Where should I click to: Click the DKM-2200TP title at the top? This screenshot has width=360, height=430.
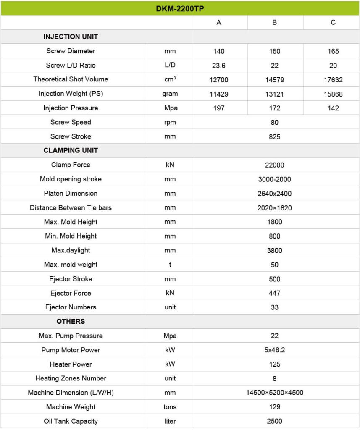(x=180, y=8)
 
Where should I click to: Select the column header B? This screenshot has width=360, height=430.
(x=275, y=23)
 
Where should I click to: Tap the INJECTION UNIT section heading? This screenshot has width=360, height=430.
(x=71, y=37)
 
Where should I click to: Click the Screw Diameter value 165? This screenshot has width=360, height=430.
(x=333, y=51)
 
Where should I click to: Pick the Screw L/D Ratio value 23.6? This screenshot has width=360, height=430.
(x=219, y=66)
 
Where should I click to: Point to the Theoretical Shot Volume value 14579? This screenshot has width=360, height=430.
(x=275, y=80)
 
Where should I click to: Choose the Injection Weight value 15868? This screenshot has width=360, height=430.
(x=333, y=94)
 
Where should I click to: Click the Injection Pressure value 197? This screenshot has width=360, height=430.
(x=219, y=108)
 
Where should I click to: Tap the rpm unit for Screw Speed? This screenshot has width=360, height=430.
(x=170, y=122)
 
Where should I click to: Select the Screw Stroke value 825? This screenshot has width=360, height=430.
(x=275, y=136)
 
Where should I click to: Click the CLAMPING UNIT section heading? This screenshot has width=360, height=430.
(x=71, y=150)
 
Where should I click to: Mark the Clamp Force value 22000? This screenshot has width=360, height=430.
(x=275, y=165)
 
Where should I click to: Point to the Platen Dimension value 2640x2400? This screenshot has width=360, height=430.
(x=275, y=194)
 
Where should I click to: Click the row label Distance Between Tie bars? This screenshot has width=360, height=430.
(x=71, y=208)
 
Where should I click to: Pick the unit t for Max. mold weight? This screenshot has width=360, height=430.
(x=170, y=265)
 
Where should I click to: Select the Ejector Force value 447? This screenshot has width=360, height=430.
(x=275, y=293)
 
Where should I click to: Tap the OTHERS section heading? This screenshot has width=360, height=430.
(x=71, y=321)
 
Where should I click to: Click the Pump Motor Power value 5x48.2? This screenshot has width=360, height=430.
(x=275, y=350)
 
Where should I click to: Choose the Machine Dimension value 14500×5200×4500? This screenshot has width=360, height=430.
(x=275, y=393)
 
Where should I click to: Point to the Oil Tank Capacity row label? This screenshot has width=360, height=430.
(x=71, y=421)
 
